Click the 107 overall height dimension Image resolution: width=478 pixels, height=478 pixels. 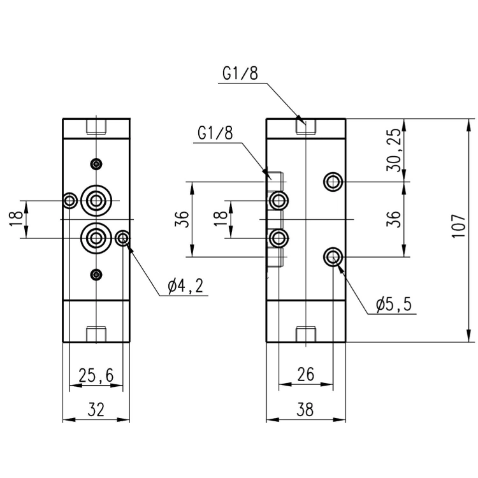pos(458,226)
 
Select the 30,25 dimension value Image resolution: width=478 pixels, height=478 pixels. pos(394,150)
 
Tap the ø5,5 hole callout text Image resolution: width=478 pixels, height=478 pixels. pos(394,304)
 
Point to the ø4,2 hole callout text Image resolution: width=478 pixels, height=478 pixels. pos(185,286)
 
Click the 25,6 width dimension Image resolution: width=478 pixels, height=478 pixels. pos(96,375)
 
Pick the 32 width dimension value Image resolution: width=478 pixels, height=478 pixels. pos(96,409)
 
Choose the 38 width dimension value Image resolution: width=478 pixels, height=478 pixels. pos(305,409)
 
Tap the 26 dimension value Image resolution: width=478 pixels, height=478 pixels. pos(305,374)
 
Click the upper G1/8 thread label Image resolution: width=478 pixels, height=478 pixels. pos(240,73)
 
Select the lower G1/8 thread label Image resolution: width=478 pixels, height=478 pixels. pos(215,133)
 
